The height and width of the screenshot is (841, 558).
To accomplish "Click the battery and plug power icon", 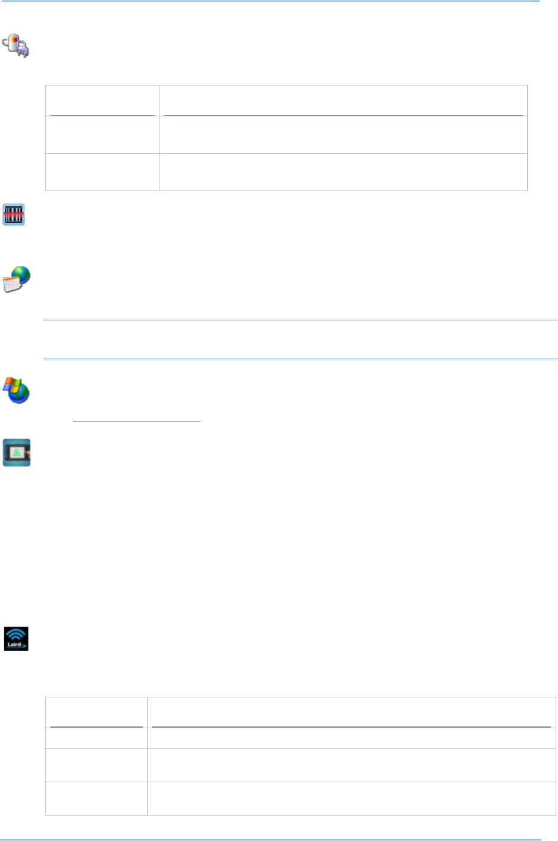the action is (16, 45).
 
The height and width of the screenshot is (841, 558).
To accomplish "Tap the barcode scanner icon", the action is (14, 214).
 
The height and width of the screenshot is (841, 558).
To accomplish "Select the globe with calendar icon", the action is (17, 279).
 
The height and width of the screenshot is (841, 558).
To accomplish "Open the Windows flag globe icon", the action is (17, 390).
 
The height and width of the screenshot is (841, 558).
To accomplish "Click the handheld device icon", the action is (17, 452).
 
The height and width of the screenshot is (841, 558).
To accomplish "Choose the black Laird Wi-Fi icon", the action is (16, 639).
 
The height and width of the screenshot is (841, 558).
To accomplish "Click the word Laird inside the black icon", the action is (14, 645).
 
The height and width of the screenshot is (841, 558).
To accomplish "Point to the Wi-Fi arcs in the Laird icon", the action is (16, 634).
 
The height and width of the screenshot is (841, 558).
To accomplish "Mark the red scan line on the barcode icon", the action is (14, 214).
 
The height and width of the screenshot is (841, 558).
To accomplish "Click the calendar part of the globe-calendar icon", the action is (12, 284).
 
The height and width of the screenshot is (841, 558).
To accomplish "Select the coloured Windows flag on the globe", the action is (12, 386).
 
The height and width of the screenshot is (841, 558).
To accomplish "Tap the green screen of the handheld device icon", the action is (17, 453).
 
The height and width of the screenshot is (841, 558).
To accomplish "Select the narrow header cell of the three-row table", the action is (103, 100).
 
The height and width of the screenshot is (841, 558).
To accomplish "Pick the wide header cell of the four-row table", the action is (351, 712).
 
